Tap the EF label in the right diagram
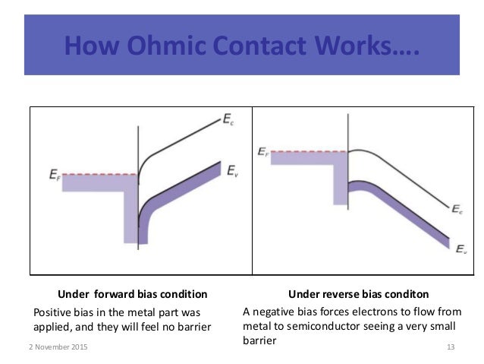click(x=263, y=153)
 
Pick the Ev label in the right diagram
click(x=461, y=248)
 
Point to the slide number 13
click(x=451, y=347)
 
